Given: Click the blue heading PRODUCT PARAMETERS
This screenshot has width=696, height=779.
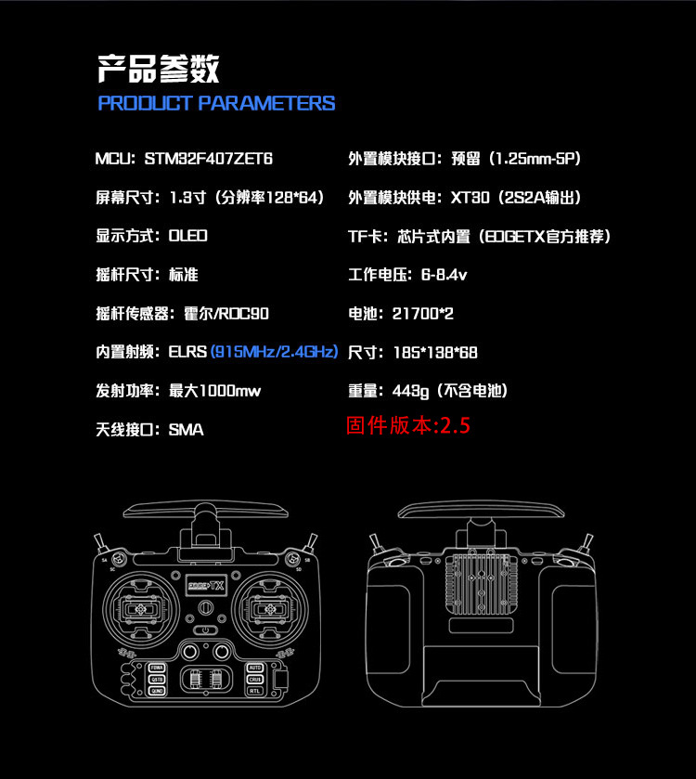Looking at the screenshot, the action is [216, 103].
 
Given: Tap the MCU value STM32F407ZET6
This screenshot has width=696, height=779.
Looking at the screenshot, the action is [209, 159].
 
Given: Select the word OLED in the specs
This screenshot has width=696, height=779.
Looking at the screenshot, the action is [188, 236].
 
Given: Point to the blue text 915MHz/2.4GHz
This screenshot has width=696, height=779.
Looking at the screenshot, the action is [275, 352].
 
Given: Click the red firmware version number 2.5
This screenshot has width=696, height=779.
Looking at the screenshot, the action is [456, 426].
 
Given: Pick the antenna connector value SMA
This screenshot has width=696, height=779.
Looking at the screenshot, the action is [187, 430].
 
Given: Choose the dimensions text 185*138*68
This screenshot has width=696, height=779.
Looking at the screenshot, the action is [435, 353].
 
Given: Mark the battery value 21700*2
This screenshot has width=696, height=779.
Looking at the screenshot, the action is [423, 314].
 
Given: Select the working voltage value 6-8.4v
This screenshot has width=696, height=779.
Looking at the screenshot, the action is [445, 275].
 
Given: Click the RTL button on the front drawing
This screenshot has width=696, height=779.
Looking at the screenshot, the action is [254, 691].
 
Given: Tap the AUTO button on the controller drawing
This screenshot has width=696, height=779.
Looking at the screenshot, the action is [254, 668].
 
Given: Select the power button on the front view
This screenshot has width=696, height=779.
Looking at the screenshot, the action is [206, 630].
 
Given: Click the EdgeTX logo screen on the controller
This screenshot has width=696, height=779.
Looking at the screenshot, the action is [206, 586].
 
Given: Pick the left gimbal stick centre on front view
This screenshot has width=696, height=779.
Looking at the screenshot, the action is [141, 608].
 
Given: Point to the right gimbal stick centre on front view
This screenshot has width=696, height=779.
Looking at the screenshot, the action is [271, 608].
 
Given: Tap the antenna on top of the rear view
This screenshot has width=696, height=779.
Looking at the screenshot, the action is [481, 510].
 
